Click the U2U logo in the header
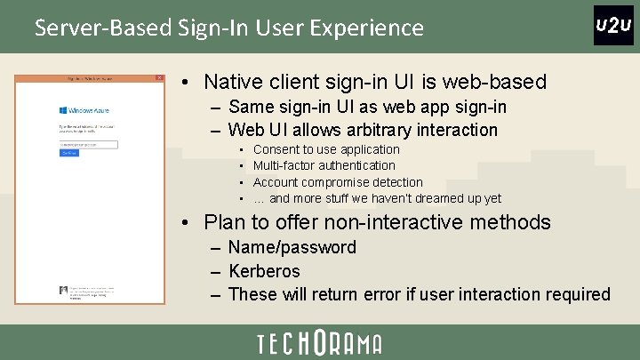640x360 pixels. [x=612, y=25]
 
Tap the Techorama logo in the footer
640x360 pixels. [x=319, y=343]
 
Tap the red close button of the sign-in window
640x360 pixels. [x=159, y=78]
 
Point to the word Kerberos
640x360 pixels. [x=264, y=270]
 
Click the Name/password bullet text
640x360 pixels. [x=292, y=247]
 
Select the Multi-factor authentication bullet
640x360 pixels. [x=324, y=165]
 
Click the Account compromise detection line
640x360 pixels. [x=338, y=182]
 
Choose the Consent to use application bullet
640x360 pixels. [x=326, y=149]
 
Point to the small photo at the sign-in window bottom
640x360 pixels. [x=63, y=290]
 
